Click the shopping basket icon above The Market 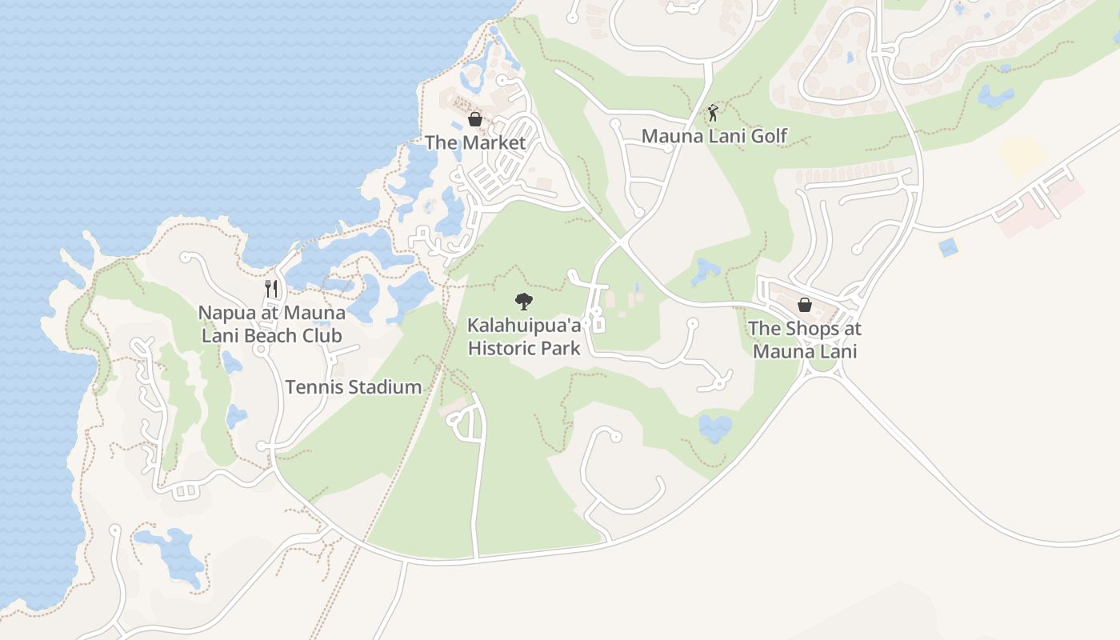tap(475, 119)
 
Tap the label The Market tap(475, 143)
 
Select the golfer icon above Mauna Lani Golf tap(713, 113)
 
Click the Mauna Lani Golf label tap(714, 136)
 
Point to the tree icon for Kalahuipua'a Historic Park tap(524, 302)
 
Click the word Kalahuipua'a tap(525, 326)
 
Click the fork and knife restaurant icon tap(272, 289)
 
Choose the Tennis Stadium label tap(354, 387)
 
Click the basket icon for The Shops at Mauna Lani tap(805, 305)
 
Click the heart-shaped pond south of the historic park tap(714, 426)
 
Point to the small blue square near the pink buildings tap(948, 247)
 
